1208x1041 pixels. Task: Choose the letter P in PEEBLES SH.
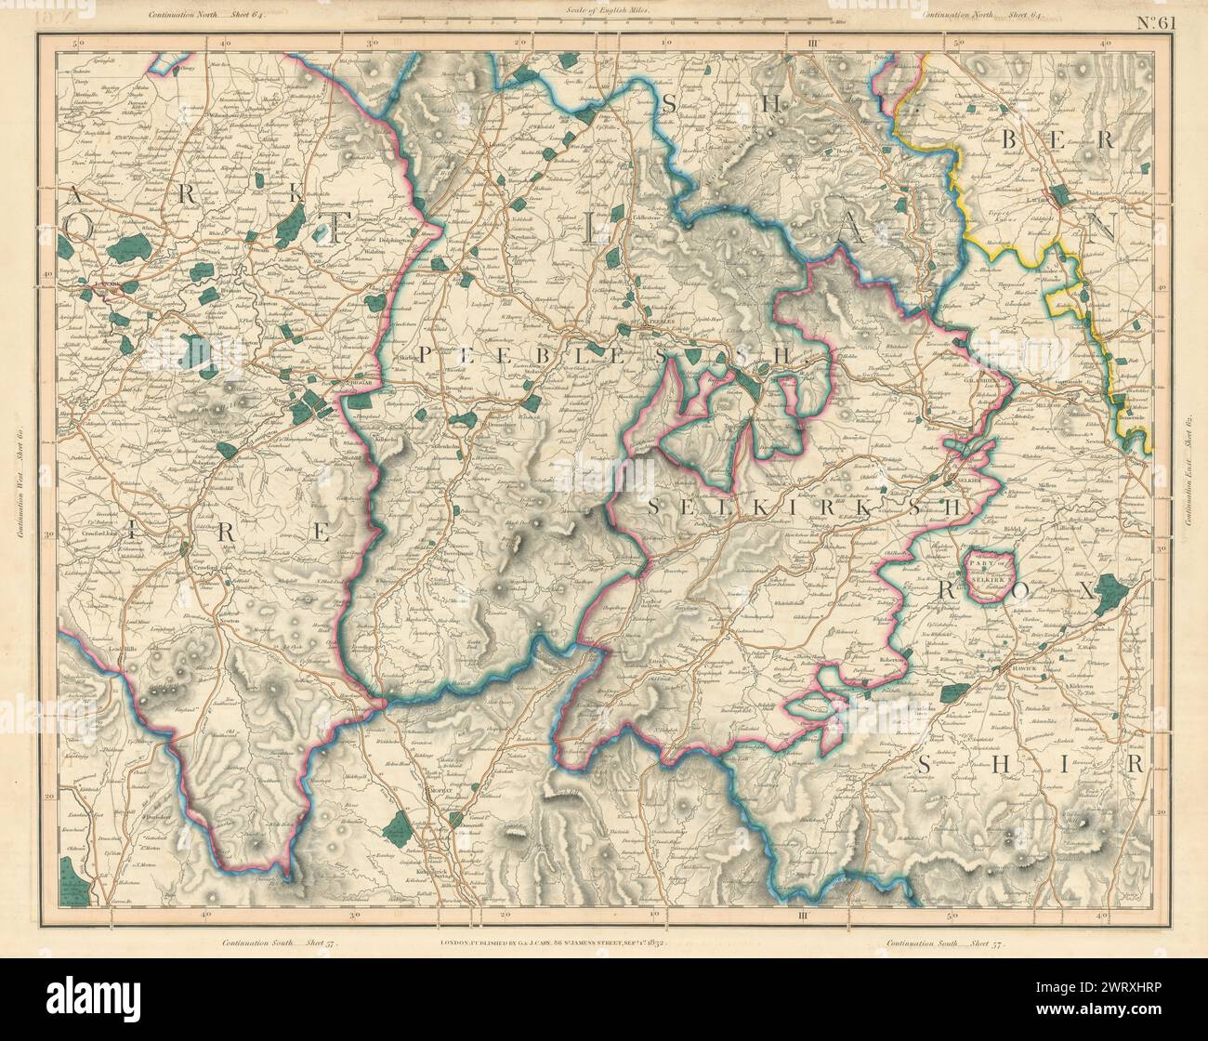pos(428,355)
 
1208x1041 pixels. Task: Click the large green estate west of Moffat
pos(397,823)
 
